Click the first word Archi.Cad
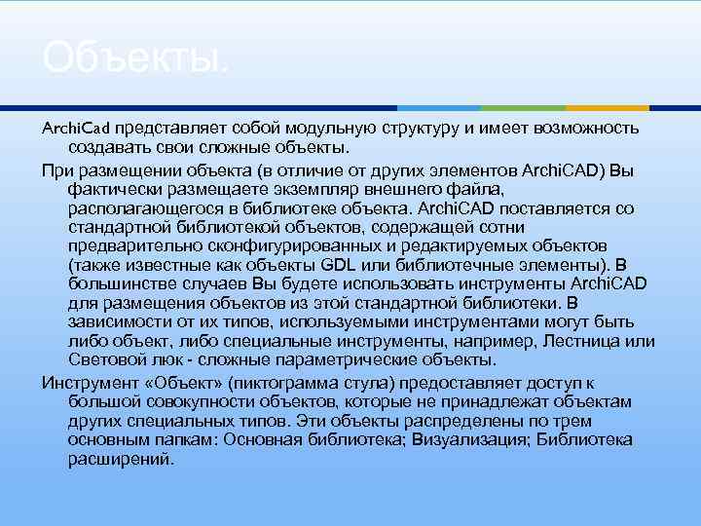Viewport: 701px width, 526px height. coord(78,128)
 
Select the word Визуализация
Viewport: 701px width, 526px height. coord(457,439)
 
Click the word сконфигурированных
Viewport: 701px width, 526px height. coord(277,245)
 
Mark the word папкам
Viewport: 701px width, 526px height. coord(180,439)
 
